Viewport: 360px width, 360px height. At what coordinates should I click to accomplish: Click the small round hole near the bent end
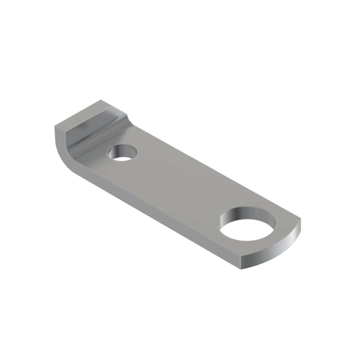pyautogui.click(x=123, y=152)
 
